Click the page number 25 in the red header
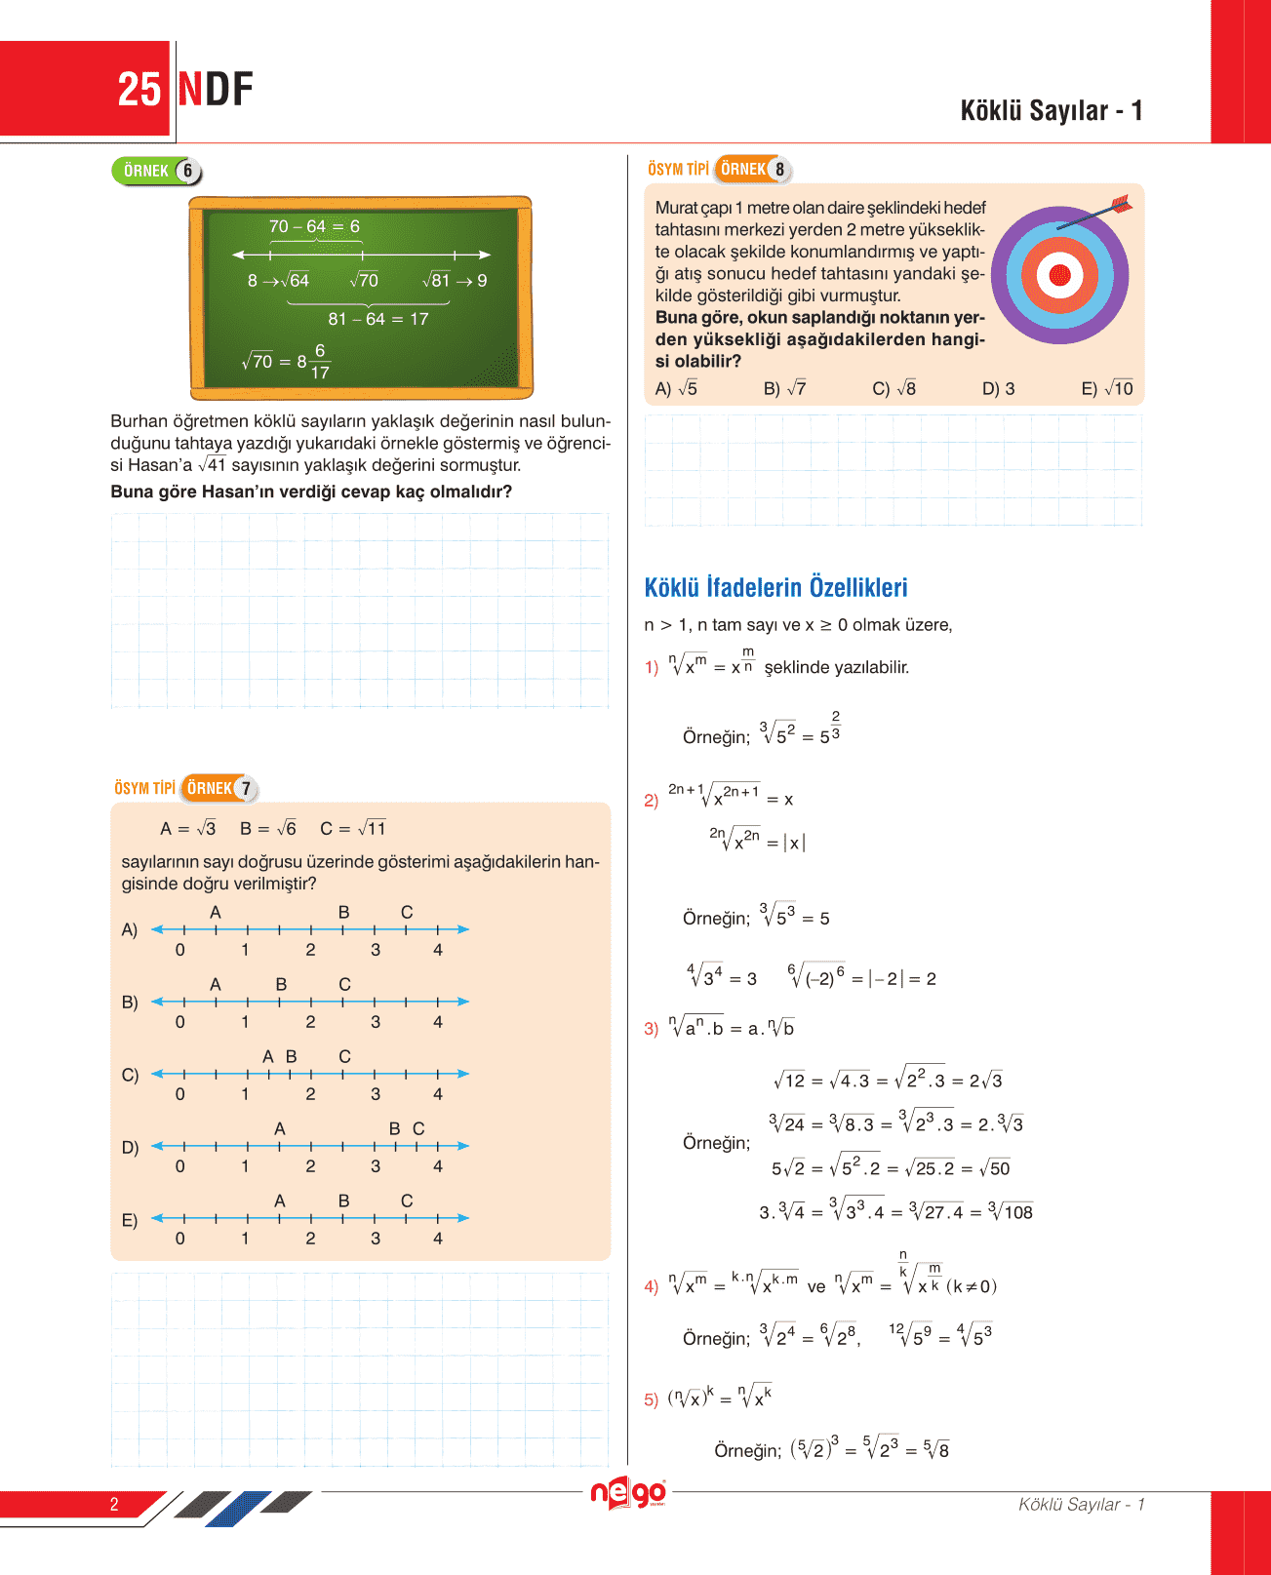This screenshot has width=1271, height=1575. pyautogui.click(x=139, y=90)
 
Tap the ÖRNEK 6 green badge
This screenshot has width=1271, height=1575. pyautogui.click(x=156, y=171)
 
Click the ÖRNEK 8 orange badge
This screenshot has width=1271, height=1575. pyautogui.click(x=752, y=169)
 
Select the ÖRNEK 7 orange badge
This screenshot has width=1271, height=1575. pyautogui.click(x=219, y=788)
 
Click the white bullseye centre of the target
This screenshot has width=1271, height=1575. pyautogui.click(x=1058, y=276)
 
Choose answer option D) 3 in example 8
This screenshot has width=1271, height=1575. pyautogui.click(x=998, y=388)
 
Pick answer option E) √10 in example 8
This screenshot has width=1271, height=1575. pyautogui.click(x=1107, y=388)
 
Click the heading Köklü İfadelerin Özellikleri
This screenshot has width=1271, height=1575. pyautogui.click(x=775, y=587)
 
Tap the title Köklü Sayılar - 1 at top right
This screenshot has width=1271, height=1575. pyautogui.click(x=1051, y=110)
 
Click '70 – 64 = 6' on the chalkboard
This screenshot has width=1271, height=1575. pyautogui.click(x=314, y=226)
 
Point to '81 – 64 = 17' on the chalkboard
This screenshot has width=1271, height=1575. pyautogui.click(x=377, y=319)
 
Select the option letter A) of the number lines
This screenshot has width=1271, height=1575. pyautogui.click(x=130, y=929)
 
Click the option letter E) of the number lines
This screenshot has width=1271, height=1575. pyautogui.click(x=130, y=1219)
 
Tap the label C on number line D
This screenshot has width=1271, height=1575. pyautogui.click(x=418, y=1128)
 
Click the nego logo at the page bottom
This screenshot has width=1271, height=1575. pyautogui.click(x=628, y=1492)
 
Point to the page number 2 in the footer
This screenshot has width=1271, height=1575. pyautogui.click(x=114, y=1504)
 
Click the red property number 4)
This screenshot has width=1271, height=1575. pyautogui.click(x=651, y=1286)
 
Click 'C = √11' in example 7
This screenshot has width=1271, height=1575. pyautogui.click(x=353, y=828)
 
